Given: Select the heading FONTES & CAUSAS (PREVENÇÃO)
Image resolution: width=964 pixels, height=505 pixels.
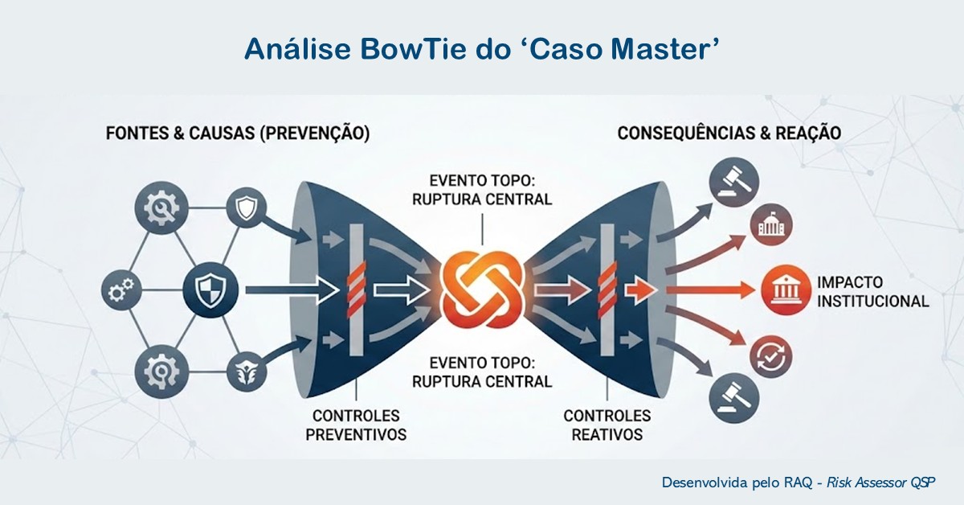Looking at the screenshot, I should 238,133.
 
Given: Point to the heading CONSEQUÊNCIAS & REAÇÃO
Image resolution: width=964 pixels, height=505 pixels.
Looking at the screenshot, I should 729,133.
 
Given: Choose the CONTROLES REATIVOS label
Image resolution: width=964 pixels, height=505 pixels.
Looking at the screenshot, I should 607,425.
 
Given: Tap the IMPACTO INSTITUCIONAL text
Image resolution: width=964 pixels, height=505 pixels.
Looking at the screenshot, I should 872,292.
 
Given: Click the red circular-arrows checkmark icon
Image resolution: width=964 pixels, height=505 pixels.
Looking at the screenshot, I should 770,355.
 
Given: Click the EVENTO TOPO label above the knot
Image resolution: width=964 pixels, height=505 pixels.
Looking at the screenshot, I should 481,188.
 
